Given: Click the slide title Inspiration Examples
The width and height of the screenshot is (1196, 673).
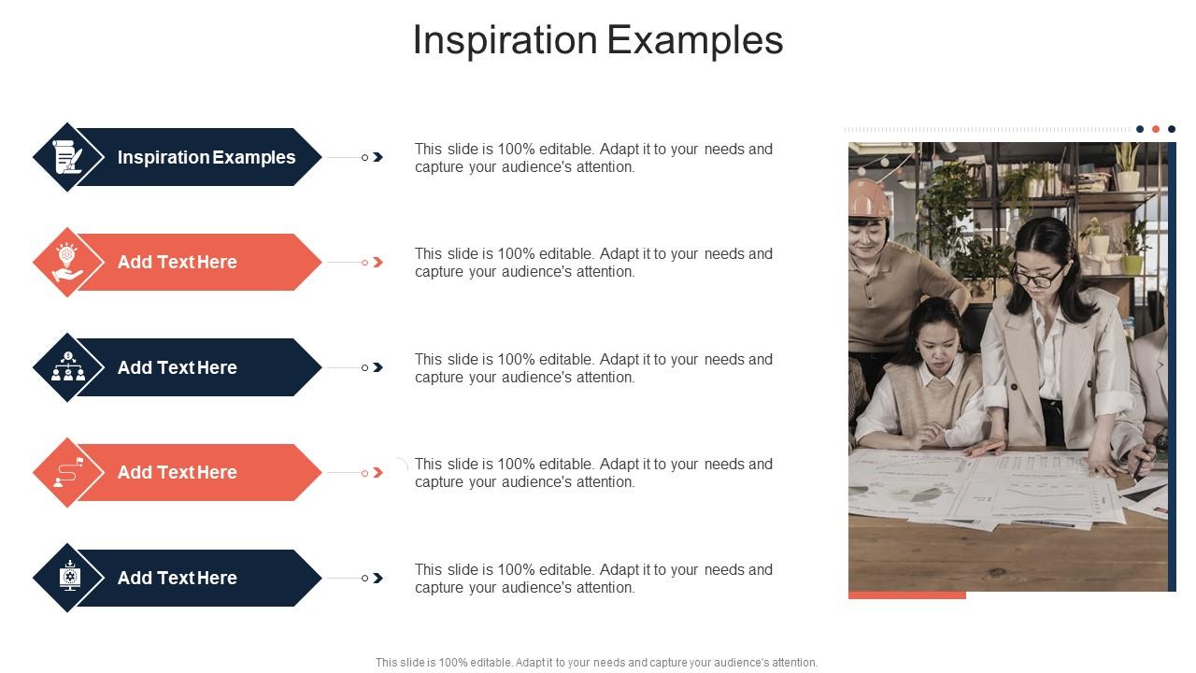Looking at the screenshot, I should [597, 40].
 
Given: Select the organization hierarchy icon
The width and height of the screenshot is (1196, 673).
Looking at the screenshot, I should [68, 367].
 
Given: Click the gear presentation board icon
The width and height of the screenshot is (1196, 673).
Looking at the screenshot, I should [68, 578].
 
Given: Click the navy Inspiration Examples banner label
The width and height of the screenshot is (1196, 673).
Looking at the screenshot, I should [206, 157].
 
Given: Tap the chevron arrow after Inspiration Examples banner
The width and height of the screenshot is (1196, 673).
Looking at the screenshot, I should [377, 157].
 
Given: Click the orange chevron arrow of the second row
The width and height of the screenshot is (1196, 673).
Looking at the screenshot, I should [377, 263].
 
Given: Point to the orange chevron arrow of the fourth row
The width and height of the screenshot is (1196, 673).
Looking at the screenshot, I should [377, 473].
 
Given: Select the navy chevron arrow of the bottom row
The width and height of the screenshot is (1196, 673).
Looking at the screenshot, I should [377, 579].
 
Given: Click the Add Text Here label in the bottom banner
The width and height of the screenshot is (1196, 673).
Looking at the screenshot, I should [177, 578].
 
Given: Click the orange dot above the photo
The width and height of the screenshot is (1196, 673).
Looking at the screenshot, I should [1156, 129].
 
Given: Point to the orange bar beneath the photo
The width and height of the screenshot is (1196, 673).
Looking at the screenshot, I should [906, 594].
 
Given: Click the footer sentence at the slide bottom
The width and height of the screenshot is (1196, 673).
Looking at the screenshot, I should [596, 662].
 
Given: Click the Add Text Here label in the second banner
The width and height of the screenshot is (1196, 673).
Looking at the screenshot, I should [177, 262].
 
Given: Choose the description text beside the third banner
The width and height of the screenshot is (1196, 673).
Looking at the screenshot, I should [593, 368].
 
